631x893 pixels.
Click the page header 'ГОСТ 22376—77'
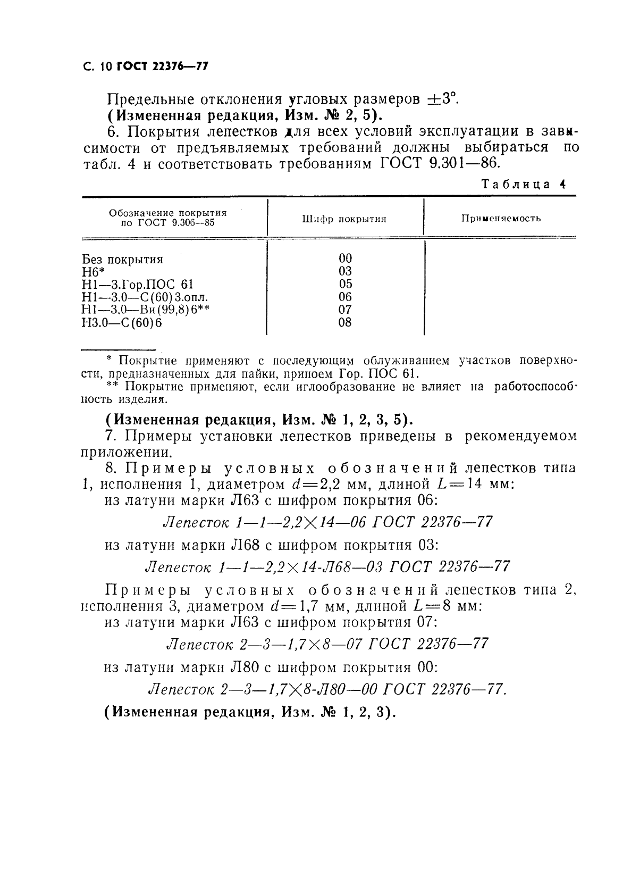tap(162, 67)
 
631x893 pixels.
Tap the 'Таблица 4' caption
tap(523, 184)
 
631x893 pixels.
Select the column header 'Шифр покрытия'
tap(344, 219)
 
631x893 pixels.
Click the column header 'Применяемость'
tap(501, 218)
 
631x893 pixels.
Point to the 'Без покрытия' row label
tap(123, 260)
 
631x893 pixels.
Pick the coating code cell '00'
tap(345, 258)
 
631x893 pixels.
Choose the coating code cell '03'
tap(345, 271)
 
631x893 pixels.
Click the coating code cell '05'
tap(345, 284)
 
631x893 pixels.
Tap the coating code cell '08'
tap(345, 322)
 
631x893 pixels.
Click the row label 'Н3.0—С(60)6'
tap(122, 322)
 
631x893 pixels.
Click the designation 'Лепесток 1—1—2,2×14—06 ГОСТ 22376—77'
tap(327, 522)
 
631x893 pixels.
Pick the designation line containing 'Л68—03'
tap(327, 566)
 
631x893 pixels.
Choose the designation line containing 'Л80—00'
tap(327, 689)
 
